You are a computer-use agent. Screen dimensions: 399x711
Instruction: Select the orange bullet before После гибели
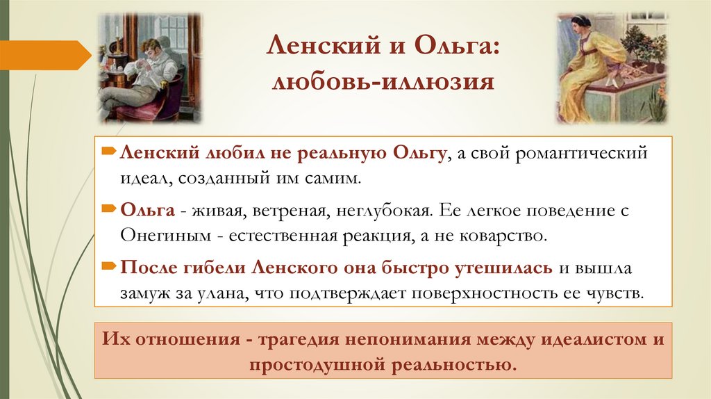click(110, 266)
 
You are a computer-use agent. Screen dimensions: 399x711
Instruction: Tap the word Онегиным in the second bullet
click(163, 235)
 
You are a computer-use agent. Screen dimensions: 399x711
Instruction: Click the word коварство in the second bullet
click(505, 235)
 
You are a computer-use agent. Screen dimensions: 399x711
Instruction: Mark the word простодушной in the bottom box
click(312, 365)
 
